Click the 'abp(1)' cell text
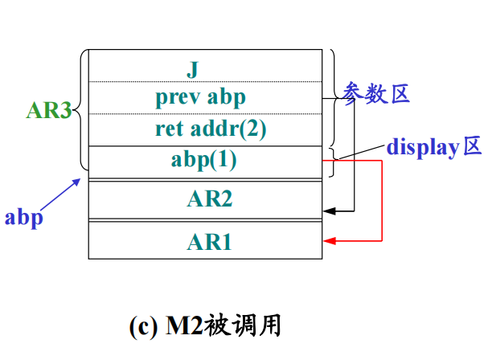tap(204, 159)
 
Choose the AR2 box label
tap(210, 199)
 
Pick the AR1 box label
tap(210, 241)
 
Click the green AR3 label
tap(48, 111)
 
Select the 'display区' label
tap(433, 147)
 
